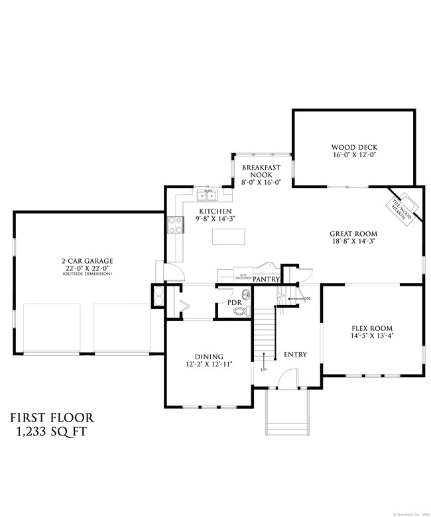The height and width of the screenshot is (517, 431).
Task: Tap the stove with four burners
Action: [x=176, y=225]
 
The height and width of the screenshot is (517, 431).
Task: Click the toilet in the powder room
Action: [x=242, y=310]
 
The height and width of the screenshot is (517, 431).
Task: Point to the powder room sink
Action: [x=245, y=294]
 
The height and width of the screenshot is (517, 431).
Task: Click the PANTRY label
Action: [x=267, y=280]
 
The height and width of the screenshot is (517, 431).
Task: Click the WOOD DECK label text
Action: [x=355, y=147]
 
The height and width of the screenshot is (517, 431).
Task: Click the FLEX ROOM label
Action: [x=371, y=327]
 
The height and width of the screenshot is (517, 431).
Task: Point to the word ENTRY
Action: [x=295, y=355]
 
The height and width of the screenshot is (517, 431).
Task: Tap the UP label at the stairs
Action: [x=264, y=369]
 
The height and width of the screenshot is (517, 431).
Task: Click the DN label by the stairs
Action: [x=306, y=299]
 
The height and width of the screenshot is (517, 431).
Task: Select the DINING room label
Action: [x=209, y=356]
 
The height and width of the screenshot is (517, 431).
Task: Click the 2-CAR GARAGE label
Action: [x=87, y=261]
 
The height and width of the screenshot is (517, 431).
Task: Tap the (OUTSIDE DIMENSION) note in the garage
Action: [x=87, y=274]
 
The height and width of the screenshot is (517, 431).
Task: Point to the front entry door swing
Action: [x=288, y=379]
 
